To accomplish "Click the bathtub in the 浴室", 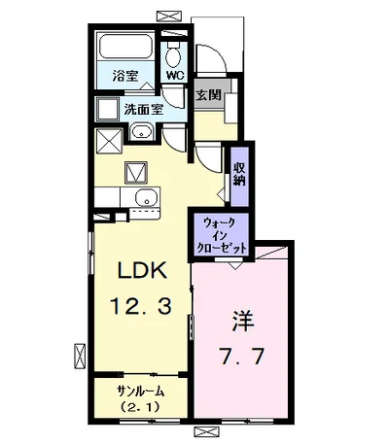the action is pos(126,47).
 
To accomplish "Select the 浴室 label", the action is pos(125,76).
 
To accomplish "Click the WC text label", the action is pos(175,76).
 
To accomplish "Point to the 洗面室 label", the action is pos(144,110).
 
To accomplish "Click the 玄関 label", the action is pos(208,95).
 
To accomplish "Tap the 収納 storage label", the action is pos(239,174).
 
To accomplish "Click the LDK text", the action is pos(142,271).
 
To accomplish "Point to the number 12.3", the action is pos(140,307).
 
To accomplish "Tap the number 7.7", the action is pos(241,356).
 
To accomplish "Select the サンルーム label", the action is pos(141,392).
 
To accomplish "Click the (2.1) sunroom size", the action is pos(140,406).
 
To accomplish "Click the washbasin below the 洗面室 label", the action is pos(141,132).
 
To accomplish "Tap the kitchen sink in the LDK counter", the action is pos(147,197).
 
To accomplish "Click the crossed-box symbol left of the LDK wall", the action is pos(80,356).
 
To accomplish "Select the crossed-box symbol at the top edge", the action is pos(168,16).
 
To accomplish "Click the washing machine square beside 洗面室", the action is pos(108,109).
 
